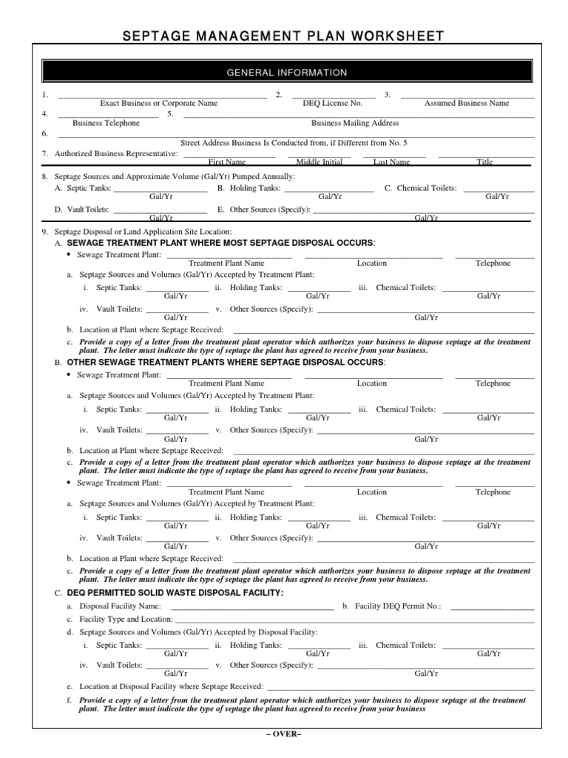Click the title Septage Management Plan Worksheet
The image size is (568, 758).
pyautogui.click(x=283, y=36)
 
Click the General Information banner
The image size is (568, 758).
pyautogui.click(x=285, y=73)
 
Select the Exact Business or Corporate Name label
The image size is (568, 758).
pyautogui.click(x=158, y=104)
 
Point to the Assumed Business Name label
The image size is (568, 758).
pyautogui.click(x=466, y=104)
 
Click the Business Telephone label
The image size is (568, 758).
pyautogui.click(x=106, y=123)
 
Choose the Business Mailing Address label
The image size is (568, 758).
pyautogui.click(x=355, y=123)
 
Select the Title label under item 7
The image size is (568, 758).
pyautogui.click(x=484, y=162)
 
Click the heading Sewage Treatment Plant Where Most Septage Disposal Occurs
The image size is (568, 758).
pyautogui.click(x=221, y=243)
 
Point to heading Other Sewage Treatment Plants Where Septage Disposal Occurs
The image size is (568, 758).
pyautogui.click(x=226, y=363)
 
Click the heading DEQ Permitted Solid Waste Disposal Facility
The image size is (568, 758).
pyautogui.click(x=175, y=593)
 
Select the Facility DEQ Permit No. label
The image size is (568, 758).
pyautogui.click(x=398, y=606)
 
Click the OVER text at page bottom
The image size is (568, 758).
pyautogui.click(x=284, y=734)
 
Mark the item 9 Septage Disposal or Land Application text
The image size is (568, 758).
pyautogui.click(x=143, y=232)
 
